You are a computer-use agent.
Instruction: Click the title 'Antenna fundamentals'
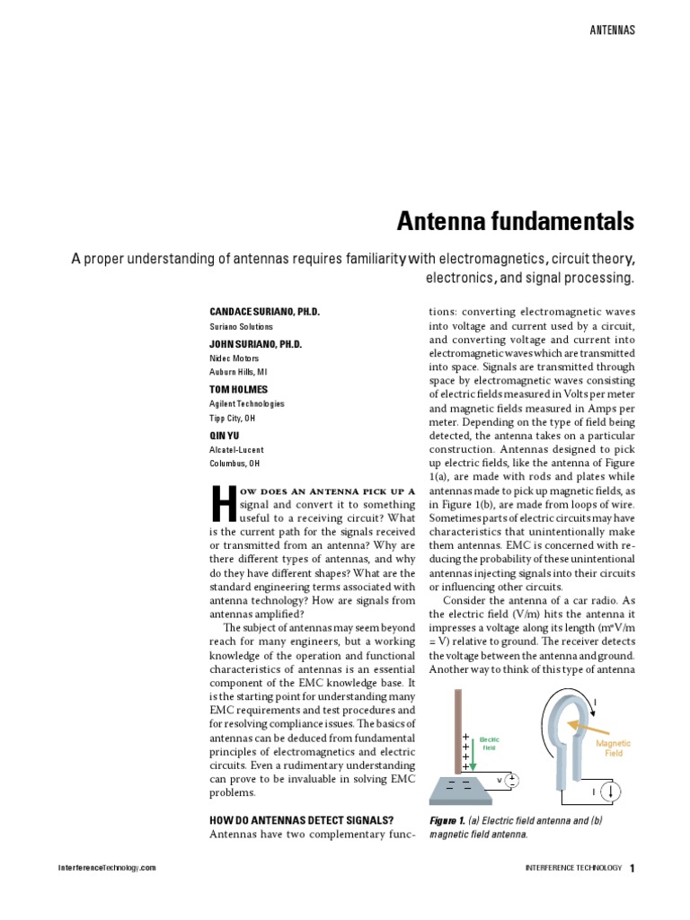click(x=517, y=221)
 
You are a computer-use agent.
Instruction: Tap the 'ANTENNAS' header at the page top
click(x=612, y=30)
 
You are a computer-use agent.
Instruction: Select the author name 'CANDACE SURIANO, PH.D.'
click(x=264, y=311)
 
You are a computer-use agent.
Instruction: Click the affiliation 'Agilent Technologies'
click(x=247, y=404)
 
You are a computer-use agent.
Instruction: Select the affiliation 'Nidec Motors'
click(x=233, y=358)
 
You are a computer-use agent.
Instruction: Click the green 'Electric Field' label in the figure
click(x=489, y=742)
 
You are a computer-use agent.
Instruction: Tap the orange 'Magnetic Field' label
click(x=614, y=748)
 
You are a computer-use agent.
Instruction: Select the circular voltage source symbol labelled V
click(x=511, y=781)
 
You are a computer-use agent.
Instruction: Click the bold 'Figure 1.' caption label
click(x=447, y=820)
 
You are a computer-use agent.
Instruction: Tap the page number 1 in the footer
click(x=632, y=868)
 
